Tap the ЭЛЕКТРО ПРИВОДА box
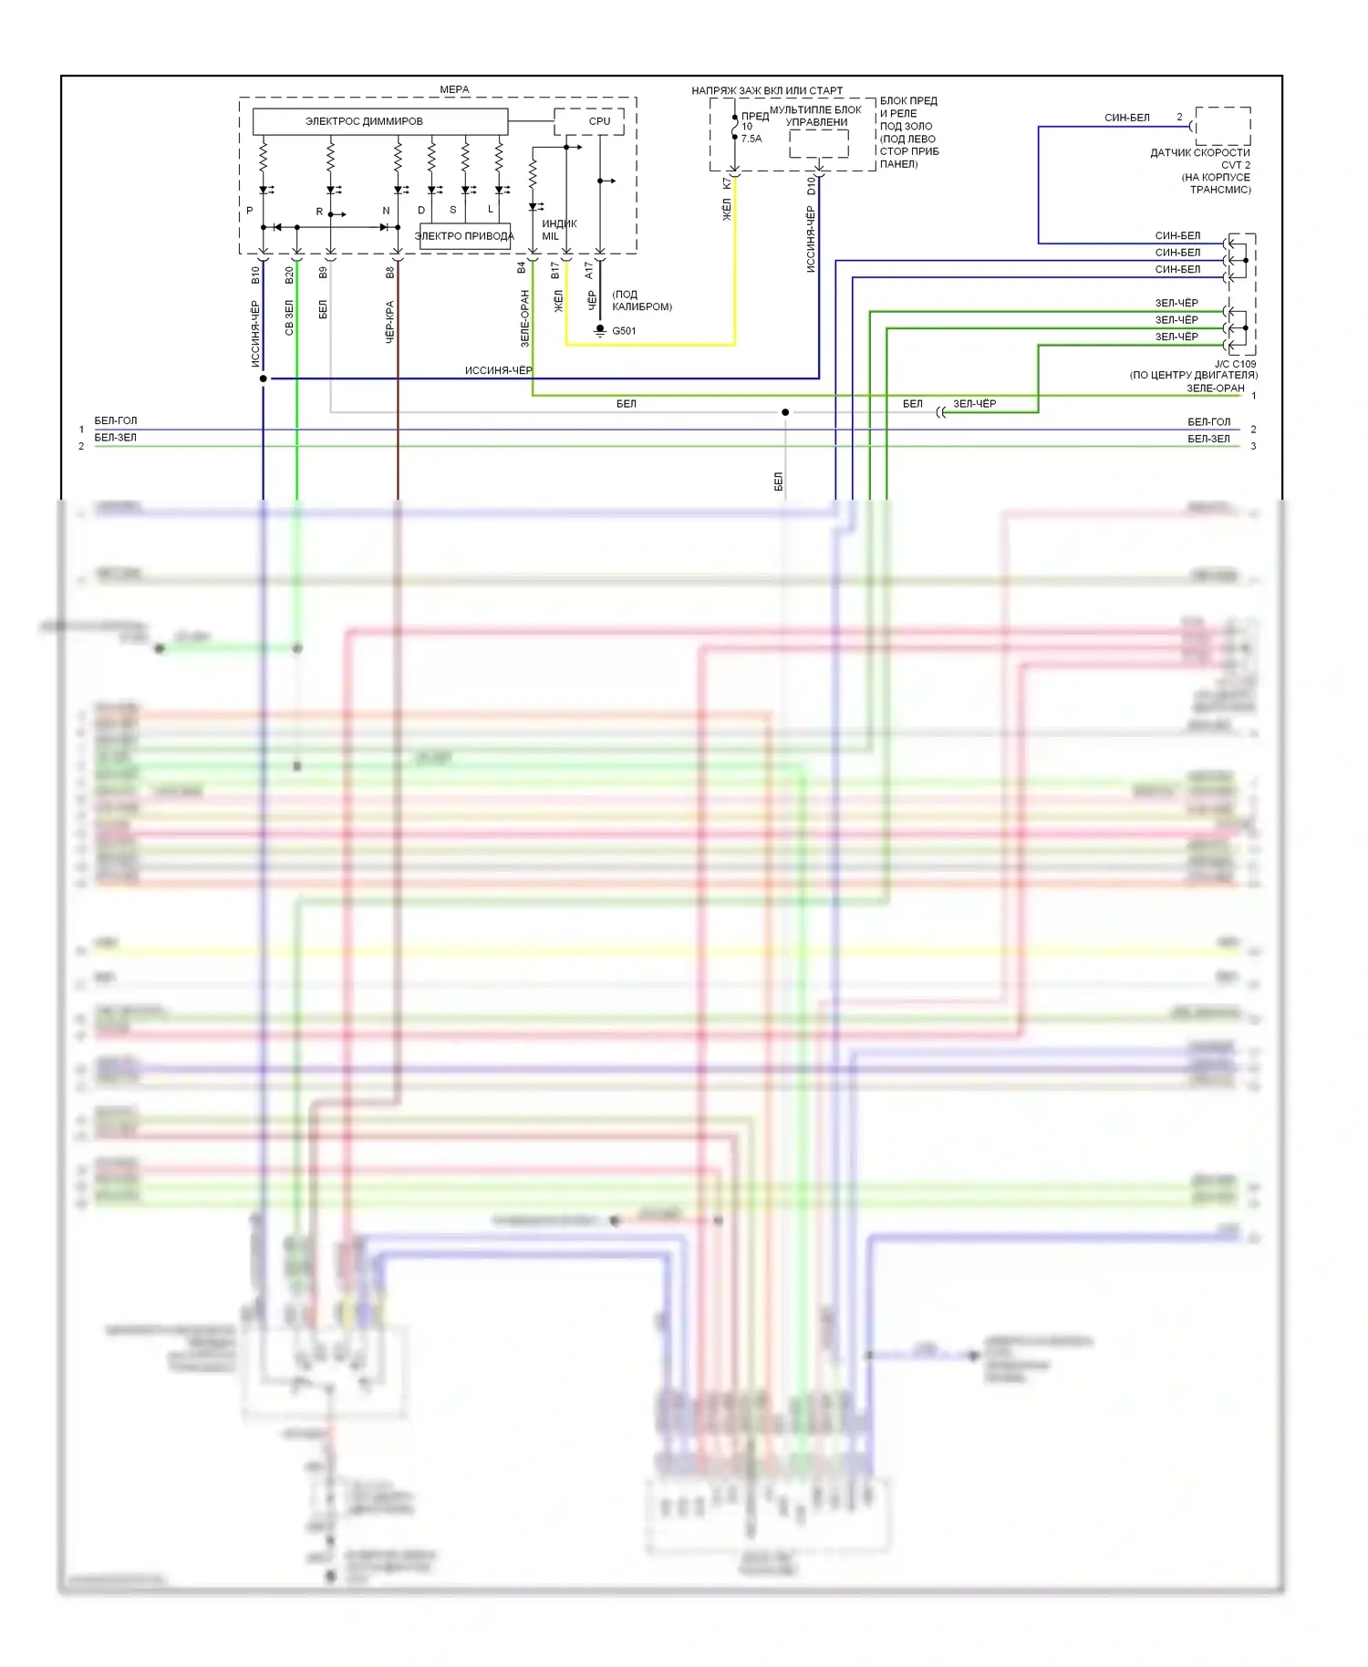464,236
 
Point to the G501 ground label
624,331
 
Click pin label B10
256,273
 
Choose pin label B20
290,274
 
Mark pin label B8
390,272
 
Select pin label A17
589,271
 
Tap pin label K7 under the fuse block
727,183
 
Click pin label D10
811,185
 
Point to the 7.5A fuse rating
751,139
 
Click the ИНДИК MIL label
558,230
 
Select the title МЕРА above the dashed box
454,89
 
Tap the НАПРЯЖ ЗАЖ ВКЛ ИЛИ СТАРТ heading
767,90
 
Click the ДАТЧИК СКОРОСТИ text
1199,152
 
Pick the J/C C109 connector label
1235,364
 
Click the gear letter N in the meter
386,211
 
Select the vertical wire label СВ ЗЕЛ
290,318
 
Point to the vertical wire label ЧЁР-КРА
390,321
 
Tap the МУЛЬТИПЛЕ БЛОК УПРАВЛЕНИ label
815,116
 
